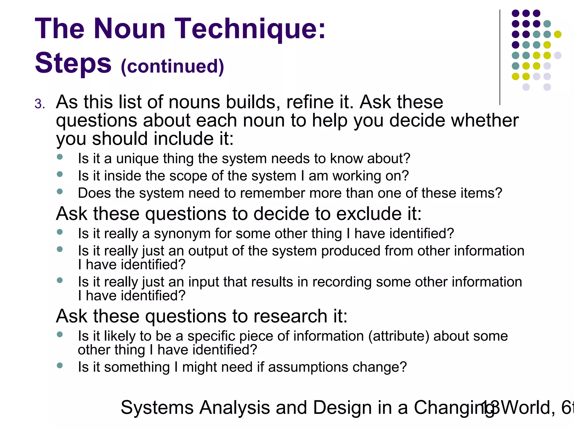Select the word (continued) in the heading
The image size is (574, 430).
coord(172,66)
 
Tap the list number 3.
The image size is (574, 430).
coord(40,104)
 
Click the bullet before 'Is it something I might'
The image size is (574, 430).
coord(59,365)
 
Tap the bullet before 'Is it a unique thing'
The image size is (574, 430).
coord(59,157)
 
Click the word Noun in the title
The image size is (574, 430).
coord(129,29)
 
